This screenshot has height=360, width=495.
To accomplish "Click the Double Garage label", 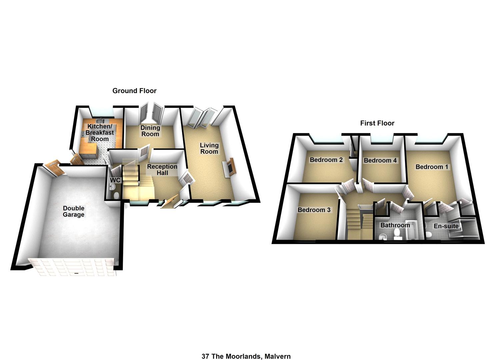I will [74, 211].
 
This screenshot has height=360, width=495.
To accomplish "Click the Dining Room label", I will [150, 131].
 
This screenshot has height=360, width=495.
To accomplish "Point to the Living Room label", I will [209, 148].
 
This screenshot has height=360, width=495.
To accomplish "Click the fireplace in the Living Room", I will [230, 168].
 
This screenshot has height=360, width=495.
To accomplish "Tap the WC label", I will [115, 180].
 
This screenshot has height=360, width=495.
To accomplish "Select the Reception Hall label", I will [162, 170].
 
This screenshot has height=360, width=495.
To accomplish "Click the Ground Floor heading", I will [134, 91].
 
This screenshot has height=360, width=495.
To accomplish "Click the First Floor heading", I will [377, 123].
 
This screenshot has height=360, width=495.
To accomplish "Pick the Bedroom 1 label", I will [432, 167].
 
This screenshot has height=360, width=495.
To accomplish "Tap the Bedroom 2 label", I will [326, 160].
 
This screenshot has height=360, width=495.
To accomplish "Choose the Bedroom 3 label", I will [314, 210].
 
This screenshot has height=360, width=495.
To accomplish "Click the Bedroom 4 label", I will [380, 160].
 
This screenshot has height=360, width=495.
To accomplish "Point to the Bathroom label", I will [395, 225].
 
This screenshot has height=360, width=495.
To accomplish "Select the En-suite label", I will [446, 226].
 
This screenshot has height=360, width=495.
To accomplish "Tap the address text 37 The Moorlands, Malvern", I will [246, 356].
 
